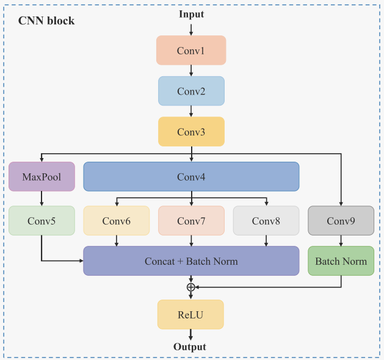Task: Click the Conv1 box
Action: click(x=191, y=50)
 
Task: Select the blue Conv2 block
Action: click(x=191, y=91)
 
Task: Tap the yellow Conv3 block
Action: click(x=191, y=131)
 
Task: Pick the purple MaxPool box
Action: click(x=42, y=176)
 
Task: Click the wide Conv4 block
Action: click(x=191, y=176)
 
